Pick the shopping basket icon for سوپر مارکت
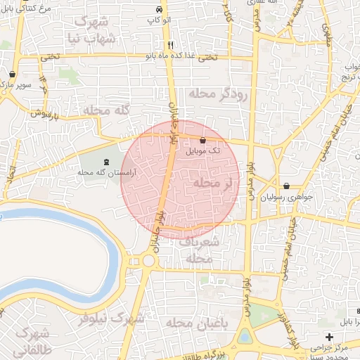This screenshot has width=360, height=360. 13,73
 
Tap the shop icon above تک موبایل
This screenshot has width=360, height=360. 203,140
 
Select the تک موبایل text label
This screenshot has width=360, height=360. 202,150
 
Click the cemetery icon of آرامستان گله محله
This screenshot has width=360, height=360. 106,163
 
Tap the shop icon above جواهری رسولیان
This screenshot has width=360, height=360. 286,186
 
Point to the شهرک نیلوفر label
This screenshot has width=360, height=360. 116,318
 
